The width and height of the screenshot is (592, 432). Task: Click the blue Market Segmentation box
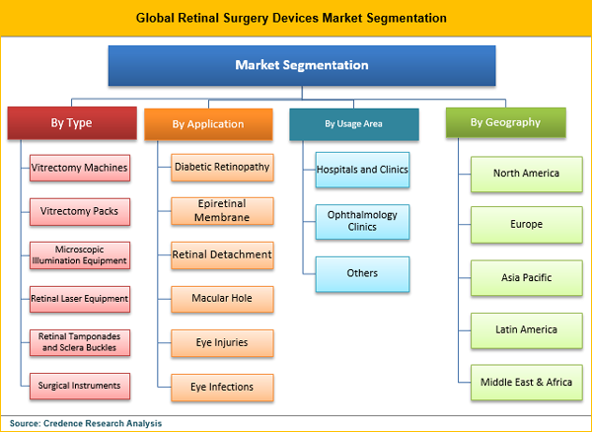click(x=301, y=66)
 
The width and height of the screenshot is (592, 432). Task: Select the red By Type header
click(x=71, y=123)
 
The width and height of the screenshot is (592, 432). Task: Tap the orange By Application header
click(x=207, y=124)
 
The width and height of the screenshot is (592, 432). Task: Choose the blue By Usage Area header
click(x=353, y=123)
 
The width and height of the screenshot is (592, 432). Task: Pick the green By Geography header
click(x=505, y=122)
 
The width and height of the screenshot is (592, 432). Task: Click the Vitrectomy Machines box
click(x=79, y=168)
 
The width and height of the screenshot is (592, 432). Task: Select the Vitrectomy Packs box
click(x=79, y=211)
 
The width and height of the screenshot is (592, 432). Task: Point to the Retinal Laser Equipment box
click(x=79, y=298)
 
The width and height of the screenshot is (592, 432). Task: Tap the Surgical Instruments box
click(x=79, y=385)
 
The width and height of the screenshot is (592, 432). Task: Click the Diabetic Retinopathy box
click(x=222, y=168)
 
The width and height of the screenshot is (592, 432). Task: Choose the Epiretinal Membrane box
click(x=222, y=210)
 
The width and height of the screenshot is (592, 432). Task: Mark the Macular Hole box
click(x=222, y=297)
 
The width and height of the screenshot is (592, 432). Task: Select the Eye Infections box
click(x=222, y=387)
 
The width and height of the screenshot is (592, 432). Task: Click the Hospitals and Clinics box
click(x=362, y=170)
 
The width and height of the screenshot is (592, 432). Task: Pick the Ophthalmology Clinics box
click(x=362, y=219)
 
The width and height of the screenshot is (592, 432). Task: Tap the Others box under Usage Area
click(x=362, y=273)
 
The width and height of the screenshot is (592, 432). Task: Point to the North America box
click(x=526, y=174)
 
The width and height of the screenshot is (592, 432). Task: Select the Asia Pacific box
click(x=526, y=277)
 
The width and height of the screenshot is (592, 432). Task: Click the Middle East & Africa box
click(x=526, y=382)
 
